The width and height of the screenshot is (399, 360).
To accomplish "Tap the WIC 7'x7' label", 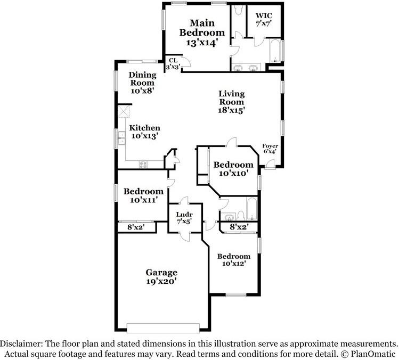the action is [x=264, y=20].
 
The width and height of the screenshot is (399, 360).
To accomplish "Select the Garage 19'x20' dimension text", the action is [x=161, y=281].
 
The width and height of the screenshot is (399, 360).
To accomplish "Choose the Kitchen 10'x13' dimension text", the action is [x=144, y=136].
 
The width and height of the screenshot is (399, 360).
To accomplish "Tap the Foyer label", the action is [x=270, y=146].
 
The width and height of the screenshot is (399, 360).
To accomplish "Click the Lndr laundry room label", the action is [x=184, y=215].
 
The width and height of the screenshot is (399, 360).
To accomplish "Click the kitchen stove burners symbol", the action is [x=143, y=165].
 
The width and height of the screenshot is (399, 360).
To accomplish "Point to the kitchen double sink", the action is [x=121, y=137].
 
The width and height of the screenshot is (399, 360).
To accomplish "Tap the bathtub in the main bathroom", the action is [x=275, y=51].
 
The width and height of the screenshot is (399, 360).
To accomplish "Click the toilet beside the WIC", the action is [x=239, y=10].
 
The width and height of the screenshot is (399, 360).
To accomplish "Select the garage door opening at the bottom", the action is [x=163, y=328].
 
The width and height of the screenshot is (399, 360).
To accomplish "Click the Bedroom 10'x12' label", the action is [x=234, y=260].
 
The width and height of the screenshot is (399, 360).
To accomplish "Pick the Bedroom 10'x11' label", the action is [x=143, y=195].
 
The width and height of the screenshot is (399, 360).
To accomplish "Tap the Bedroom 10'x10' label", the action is [x=233, y=169].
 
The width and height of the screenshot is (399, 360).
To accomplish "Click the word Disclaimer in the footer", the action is [x=21, y=344].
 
